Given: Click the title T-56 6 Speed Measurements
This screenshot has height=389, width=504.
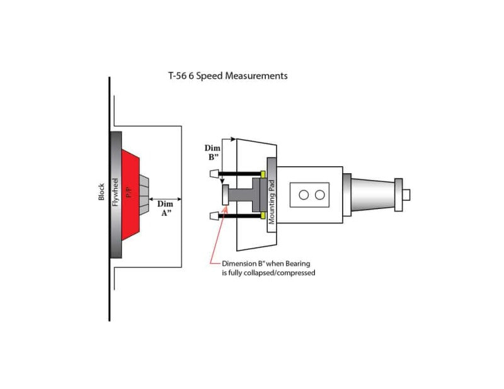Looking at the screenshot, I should (227, 76).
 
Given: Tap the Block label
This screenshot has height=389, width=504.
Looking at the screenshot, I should (101, 192).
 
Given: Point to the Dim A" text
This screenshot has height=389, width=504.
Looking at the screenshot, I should (164, 208).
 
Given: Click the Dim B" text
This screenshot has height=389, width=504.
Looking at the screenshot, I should (213, 154).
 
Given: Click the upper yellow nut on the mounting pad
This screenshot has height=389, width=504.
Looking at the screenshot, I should (262, 173).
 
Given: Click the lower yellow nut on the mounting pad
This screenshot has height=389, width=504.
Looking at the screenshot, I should (262, 216).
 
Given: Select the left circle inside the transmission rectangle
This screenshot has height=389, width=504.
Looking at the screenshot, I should (304, 195).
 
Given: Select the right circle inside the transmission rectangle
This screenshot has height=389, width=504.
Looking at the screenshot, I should (319, 195).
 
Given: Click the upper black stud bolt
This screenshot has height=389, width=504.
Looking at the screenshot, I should (239, 173).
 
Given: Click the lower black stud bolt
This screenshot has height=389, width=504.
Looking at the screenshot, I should (239, 216).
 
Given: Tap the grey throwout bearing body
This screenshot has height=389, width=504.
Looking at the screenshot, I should (243, 195).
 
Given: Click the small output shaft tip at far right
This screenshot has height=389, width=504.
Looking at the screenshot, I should (406, 195).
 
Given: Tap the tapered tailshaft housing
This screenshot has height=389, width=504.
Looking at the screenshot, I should (372, 195).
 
